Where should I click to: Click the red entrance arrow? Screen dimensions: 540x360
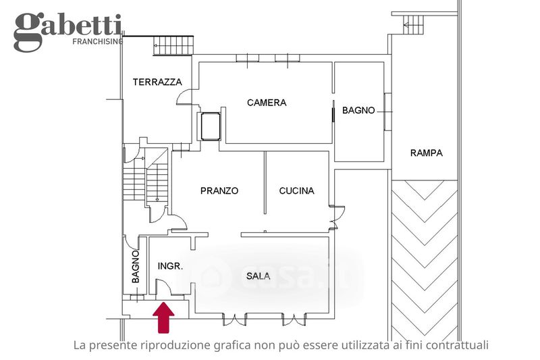coord(163,317)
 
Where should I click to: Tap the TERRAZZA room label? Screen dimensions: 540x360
coord(157,82)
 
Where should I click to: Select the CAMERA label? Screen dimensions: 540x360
coord(267,103)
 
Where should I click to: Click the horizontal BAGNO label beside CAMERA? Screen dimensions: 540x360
coord(358,111)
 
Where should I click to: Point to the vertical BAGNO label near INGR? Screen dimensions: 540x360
coord(136,267)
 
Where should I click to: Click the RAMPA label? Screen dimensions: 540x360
coord(427,153)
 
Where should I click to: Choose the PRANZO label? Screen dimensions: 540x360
coord(219,191)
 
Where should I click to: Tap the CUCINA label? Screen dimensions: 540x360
coord(296,191)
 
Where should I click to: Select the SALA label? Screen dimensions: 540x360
coord(259,276)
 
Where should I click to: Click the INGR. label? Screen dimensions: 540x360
coord(170,266)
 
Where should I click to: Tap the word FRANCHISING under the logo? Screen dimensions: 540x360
coord(98,42)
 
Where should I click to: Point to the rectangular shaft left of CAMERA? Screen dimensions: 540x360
coord(211,126)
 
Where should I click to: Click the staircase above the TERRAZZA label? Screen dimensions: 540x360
coord(173,46)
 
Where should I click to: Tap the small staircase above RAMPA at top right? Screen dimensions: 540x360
coord(414,24)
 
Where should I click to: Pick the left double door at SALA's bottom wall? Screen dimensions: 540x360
coord(234,319)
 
